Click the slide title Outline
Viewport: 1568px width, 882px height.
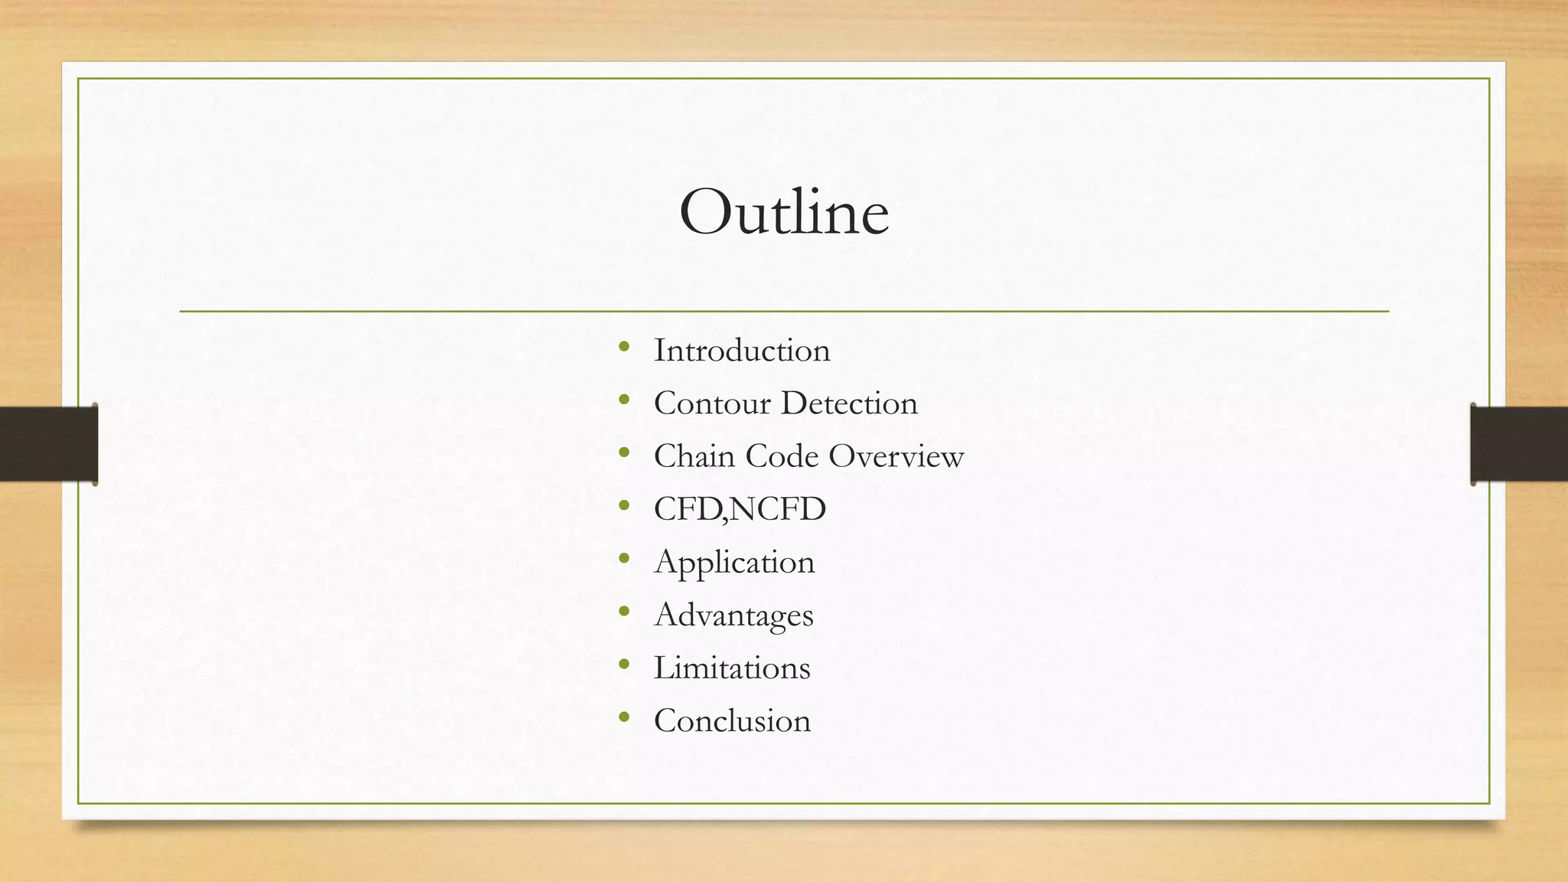(x=784, y=213)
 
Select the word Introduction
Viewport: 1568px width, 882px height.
(x=741, y=351)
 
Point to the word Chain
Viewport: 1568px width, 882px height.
(x=694, y=456)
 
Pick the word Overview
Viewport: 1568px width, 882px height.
(x=896, y=456)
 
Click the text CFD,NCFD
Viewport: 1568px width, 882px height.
(x=740, y=509)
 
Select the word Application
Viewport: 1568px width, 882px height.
(x=734, y=563)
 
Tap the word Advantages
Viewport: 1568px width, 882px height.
(x=733, y=616)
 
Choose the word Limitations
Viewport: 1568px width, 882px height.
(x=731, y=668)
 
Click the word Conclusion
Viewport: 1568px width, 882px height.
(x=732, y=721)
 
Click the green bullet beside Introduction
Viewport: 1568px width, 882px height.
(x=624, y=348)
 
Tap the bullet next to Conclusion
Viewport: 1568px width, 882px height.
(x=624, y=718)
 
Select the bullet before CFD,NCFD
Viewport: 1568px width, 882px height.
(x=624, y=506)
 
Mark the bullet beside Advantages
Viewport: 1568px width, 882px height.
(x=624, y=612)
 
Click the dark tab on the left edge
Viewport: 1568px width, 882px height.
(x=47, y=444)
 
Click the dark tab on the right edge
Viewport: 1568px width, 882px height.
(x=1519, y=444)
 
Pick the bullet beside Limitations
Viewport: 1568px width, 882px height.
(x=624, y=665)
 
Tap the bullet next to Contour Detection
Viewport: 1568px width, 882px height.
(x=624, y=400)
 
